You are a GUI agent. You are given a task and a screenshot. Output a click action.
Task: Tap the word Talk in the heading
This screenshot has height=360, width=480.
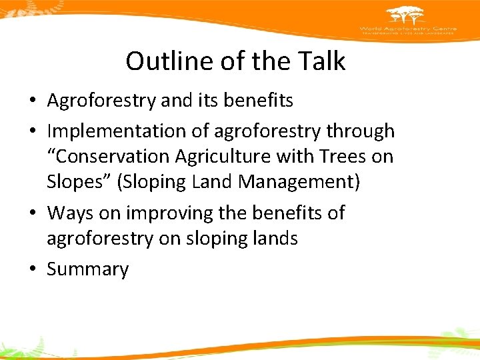tap(323, 61)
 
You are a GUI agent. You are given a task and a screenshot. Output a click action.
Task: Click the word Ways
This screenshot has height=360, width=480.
tap(71, 213)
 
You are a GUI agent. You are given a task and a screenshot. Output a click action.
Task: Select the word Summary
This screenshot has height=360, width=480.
tap(87, 269)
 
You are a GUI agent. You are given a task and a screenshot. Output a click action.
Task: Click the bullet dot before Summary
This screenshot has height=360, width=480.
tap(33, 269)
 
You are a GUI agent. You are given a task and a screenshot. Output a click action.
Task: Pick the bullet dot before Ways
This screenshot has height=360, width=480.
tap(33, 213)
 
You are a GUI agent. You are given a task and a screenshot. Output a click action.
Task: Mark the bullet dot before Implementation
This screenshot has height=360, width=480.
tap(33, 132)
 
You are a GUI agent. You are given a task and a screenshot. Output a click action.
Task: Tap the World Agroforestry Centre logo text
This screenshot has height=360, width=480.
tap(406, 30)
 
